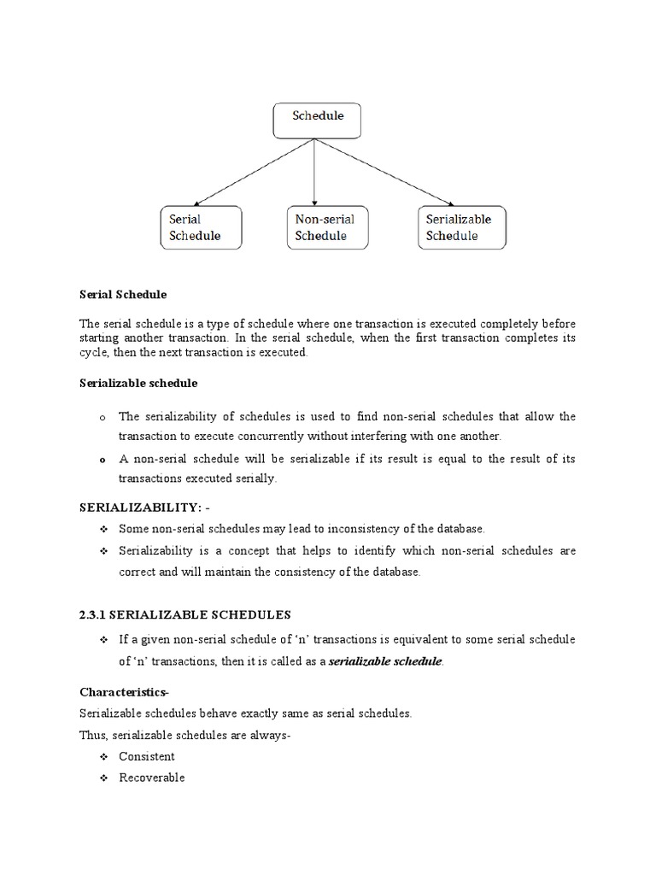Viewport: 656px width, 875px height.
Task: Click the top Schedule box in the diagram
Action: point(317,120)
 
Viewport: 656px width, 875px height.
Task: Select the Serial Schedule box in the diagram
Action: point(202,227)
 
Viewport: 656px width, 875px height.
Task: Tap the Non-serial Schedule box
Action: point(326,227)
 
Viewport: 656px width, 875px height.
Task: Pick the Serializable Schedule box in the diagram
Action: point(461,227)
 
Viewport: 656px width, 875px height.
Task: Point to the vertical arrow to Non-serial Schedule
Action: point(315,171)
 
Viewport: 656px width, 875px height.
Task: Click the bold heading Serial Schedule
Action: point(123,295)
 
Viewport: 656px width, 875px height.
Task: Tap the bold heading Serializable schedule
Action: point(138,384)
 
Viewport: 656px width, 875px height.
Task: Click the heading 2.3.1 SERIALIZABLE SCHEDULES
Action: point(185,614)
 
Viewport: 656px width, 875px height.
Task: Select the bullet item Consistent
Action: point(147,756)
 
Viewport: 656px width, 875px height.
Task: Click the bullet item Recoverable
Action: point(152,778)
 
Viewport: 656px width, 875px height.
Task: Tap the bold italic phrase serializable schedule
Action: point(386,662)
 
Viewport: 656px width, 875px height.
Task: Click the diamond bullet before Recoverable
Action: point(103,778)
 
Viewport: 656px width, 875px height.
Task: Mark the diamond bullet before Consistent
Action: point(103,757)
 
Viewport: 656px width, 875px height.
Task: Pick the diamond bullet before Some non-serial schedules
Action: point(103,530)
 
